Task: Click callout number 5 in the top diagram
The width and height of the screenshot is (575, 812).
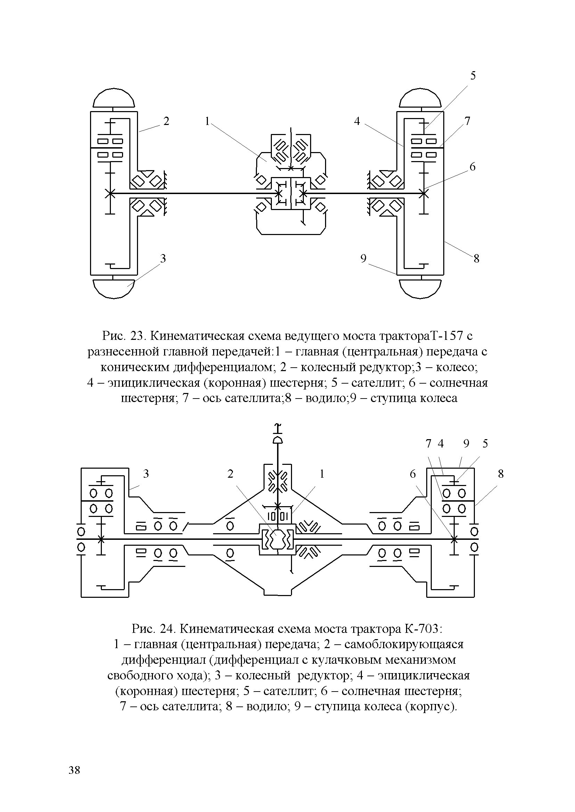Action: pos(473,76)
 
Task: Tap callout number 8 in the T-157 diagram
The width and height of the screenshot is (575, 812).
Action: pos(476,259)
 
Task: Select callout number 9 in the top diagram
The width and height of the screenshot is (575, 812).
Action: pos(363,259)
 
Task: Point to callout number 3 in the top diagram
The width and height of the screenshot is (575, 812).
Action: pos(163,259)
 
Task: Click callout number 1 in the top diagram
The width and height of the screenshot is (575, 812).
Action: pos(207,121)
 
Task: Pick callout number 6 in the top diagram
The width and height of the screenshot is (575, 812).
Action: pos(473,167)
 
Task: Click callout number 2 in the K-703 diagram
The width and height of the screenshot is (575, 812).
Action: pos(230,474)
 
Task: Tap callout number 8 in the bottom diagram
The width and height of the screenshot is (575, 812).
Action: pos(500,474)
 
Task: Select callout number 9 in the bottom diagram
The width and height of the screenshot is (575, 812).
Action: pos(466,444)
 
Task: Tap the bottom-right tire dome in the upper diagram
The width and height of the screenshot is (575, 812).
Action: pos(421,288)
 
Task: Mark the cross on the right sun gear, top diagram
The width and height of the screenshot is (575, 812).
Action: pos(423,193)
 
